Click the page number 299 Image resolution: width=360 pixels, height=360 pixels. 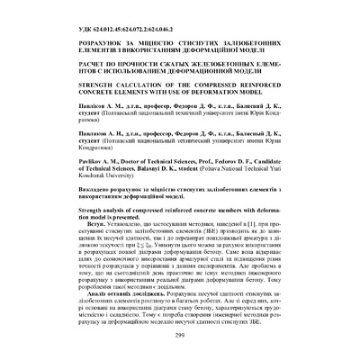pos(179,336)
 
